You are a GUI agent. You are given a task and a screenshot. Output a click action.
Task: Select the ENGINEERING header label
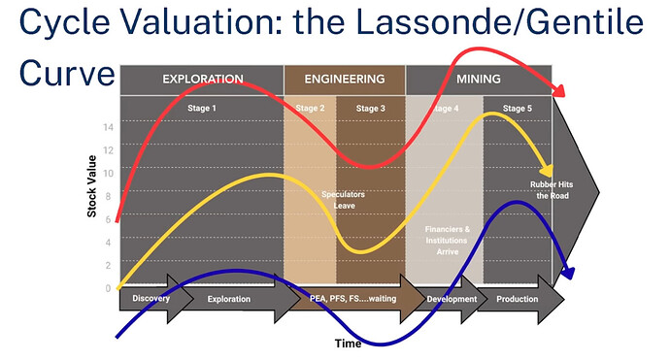coord(344,79)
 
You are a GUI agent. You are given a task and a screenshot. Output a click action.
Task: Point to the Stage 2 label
coord(310,109)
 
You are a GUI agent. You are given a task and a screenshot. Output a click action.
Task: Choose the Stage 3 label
coord(370,109)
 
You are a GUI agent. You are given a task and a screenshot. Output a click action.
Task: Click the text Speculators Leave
coord(344,200)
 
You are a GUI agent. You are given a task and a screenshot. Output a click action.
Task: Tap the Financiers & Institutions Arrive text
coord(448,239)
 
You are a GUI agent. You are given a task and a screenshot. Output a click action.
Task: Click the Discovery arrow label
coord(151,299)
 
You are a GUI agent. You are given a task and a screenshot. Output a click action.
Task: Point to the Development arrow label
coord(452,299)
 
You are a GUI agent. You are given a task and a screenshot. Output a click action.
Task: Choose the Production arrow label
coord(517,299)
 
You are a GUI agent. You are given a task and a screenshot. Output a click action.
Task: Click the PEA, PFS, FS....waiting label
coord(352,299)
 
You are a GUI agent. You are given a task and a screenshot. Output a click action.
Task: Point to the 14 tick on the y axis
coord(110,127)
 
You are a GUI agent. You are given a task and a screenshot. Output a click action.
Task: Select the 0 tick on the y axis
coord(110,288)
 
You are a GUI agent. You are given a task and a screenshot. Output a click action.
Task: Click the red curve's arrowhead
coord(560,91)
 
